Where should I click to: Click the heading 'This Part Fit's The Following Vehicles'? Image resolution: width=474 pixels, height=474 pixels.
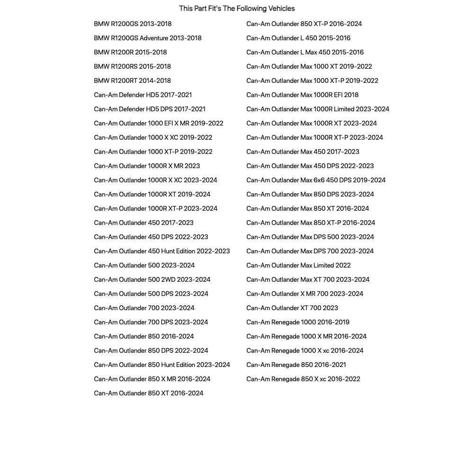[x=237, y=9]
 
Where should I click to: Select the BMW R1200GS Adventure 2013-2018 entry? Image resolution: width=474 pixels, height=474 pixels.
[x=147, y=38]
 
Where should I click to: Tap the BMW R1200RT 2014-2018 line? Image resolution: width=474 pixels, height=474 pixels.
[x=132, y=80]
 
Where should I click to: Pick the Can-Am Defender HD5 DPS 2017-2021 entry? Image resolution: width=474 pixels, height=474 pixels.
[x=150, y=109]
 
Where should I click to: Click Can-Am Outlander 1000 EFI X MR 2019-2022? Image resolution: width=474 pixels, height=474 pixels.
[x=158, y=123]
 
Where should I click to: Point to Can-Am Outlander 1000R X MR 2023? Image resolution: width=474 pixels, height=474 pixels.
[x=147, y=166]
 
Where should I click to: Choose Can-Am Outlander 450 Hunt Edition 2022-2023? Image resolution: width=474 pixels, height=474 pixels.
[x=161, y=251]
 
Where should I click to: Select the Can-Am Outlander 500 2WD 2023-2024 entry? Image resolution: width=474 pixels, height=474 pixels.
[x=152, y=279]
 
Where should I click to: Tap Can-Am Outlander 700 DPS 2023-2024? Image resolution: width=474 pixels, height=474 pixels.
[x=151, y=322]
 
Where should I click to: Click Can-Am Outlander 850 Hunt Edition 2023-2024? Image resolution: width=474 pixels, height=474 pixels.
[x=161, y=365]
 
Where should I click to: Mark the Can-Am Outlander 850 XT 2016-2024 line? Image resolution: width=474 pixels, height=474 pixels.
[x=148, y=393]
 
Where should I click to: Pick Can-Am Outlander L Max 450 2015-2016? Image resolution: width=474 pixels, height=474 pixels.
[x=305, y=52]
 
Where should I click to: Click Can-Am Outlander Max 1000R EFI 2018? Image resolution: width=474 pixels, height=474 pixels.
[x=302, y=95]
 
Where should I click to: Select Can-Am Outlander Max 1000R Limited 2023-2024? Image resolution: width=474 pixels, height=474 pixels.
[x=317, y=109]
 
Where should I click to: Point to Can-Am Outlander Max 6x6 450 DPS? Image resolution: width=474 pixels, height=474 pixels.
[x=316, y=180]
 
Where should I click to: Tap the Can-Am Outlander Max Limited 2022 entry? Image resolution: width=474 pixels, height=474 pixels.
[x=298, y=265]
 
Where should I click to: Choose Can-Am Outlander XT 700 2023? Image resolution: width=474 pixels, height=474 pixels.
[x=292, y=308]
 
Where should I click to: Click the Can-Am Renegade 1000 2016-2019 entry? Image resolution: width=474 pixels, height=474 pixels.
[x=298, y=322]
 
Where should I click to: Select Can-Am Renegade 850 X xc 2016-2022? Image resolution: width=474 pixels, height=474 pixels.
[x=303, y=379]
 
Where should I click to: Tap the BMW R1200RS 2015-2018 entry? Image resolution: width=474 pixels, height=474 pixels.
[x=132, y=66]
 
